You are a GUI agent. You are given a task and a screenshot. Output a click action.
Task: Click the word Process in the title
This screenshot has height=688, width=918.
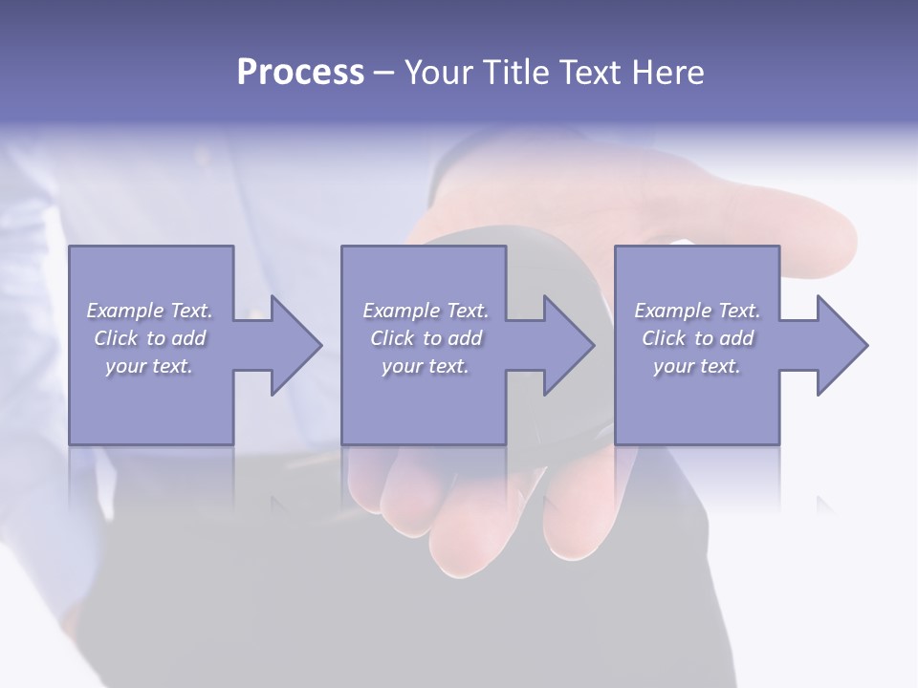(300, 73)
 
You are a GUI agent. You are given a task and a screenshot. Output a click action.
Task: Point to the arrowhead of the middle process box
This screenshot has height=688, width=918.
(567, 345)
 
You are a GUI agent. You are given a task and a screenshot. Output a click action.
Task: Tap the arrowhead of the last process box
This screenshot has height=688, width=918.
(841, 345)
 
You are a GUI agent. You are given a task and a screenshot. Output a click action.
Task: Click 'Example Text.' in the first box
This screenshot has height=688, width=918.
(150, 311)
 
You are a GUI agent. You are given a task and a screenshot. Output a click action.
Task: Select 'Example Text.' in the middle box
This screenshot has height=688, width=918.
(426, 311)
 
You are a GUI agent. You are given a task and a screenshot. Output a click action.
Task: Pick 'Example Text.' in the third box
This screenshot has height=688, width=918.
(697, 311)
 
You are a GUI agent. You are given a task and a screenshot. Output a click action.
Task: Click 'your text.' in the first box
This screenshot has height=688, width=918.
(149, 366)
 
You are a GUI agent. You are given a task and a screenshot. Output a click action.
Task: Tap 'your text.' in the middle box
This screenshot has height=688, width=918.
(426, 366)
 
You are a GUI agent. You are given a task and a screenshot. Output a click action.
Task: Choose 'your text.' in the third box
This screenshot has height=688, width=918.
(697, 366)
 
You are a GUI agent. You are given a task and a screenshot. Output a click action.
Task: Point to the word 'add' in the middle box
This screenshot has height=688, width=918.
(465, 338)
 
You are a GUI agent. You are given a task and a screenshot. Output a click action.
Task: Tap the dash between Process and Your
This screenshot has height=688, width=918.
(384, 74)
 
